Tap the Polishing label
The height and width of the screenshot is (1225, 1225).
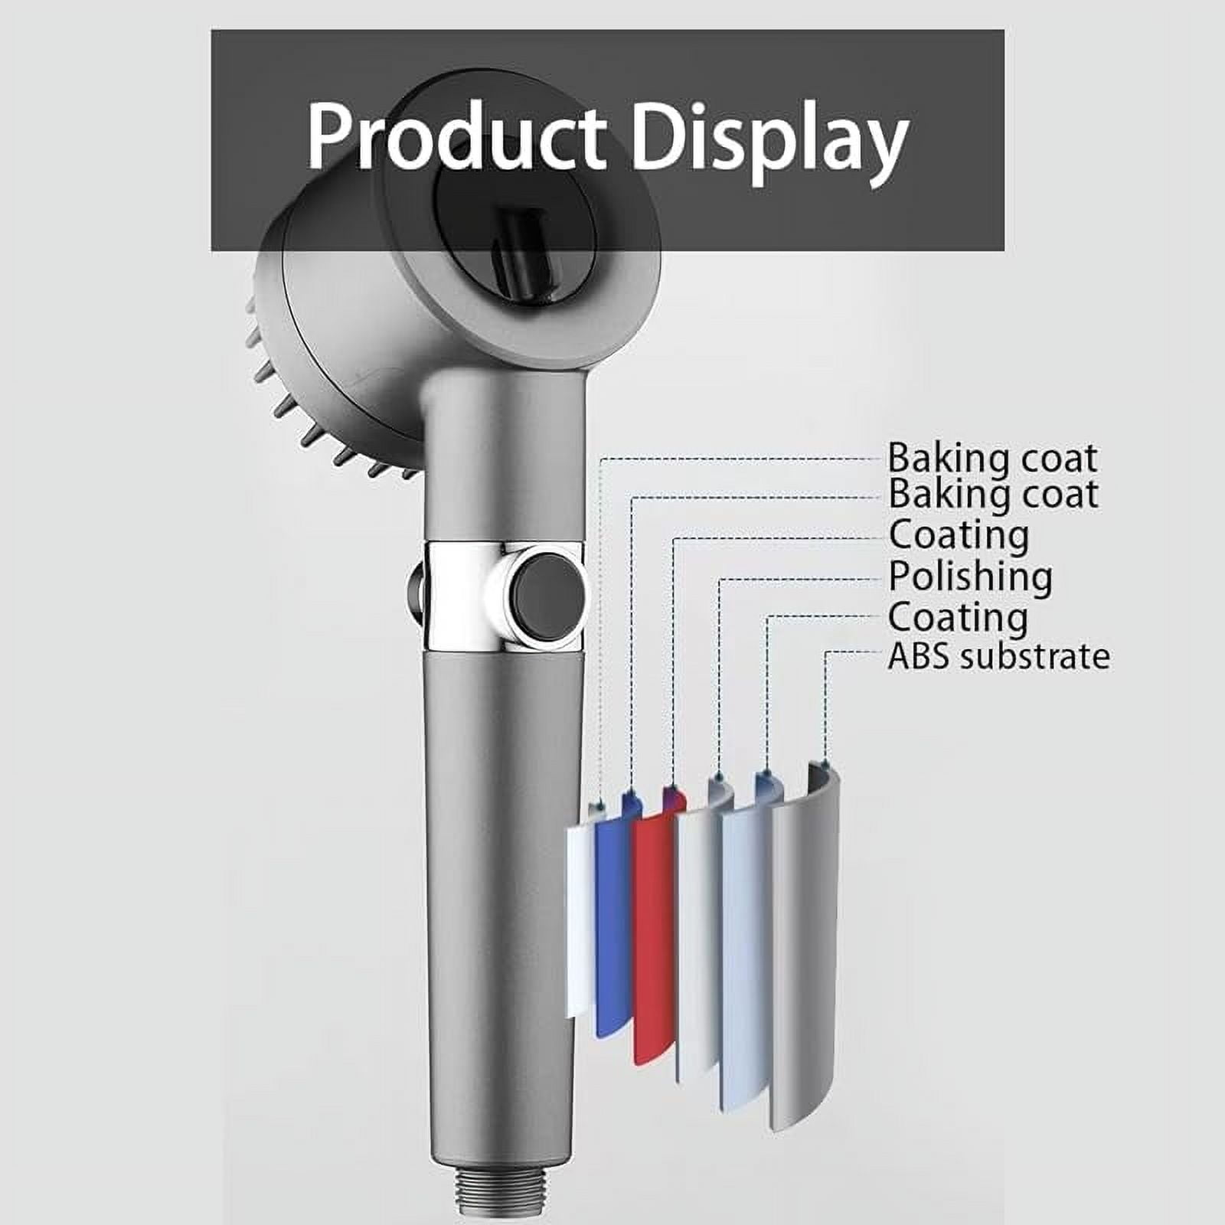tap(970, 577)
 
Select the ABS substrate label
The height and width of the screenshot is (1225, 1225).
tap(998, 656)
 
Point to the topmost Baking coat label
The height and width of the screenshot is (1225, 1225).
tap(992, 458)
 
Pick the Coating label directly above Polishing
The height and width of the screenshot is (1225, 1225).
tap(959, 536)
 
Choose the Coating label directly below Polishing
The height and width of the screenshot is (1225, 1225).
tap(958, 618)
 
